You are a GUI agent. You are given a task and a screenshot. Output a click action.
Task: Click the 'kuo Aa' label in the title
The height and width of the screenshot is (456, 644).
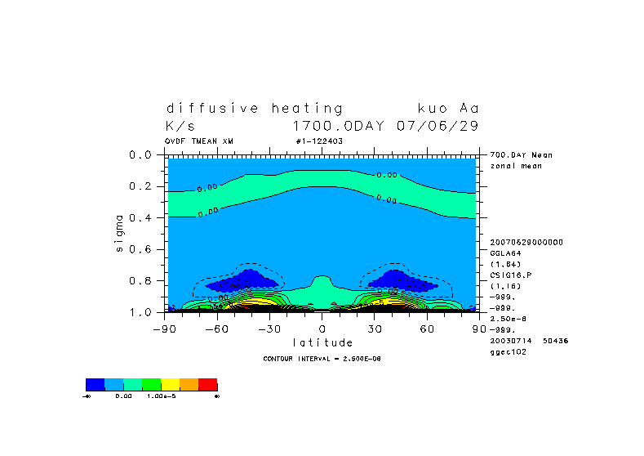447,108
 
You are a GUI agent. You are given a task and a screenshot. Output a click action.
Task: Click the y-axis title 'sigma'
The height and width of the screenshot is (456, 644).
120,233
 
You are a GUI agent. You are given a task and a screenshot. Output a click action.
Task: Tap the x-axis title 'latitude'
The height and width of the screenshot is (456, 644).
322,342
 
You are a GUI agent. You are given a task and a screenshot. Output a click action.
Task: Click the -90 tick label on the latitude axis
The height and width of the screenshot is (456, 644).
166,329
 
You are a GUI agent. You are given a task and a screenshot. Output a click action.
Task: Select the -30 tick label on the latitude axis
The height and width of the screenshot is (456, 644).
270,329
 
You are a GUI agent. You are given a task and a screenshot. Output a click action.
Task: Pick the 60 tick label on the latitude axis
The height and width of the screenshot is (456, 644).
427,329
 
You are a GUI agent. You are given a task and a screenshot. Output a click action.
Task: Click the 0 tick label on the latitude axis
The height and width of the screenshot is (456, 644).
322,329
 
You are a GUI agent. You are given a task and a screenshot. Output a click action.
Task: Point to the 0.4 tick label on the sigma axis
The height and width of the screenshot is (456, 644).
142,217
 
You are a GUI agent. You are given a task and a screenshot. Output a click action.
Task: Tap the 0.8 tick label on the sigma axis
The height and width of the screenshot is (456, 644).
142,280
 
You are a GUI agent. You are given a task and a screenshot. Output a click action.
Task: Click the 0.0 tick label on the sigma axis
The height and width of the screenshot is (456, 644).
142,154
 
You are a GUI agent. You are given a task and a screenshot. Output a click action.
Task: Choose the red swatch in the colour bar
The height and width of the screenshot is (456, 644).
207,384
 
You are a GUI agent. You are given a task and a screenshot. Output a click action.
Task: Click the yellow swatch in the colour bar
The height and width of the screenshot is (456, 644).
170,384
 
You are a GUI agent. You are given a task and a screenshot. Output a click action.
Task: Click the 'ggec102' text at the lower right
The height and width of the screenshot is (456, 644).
505,351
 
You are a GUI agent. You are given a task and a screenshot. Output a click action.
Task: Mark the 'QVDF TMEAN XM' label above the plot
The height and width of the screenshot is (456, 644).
198,141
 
